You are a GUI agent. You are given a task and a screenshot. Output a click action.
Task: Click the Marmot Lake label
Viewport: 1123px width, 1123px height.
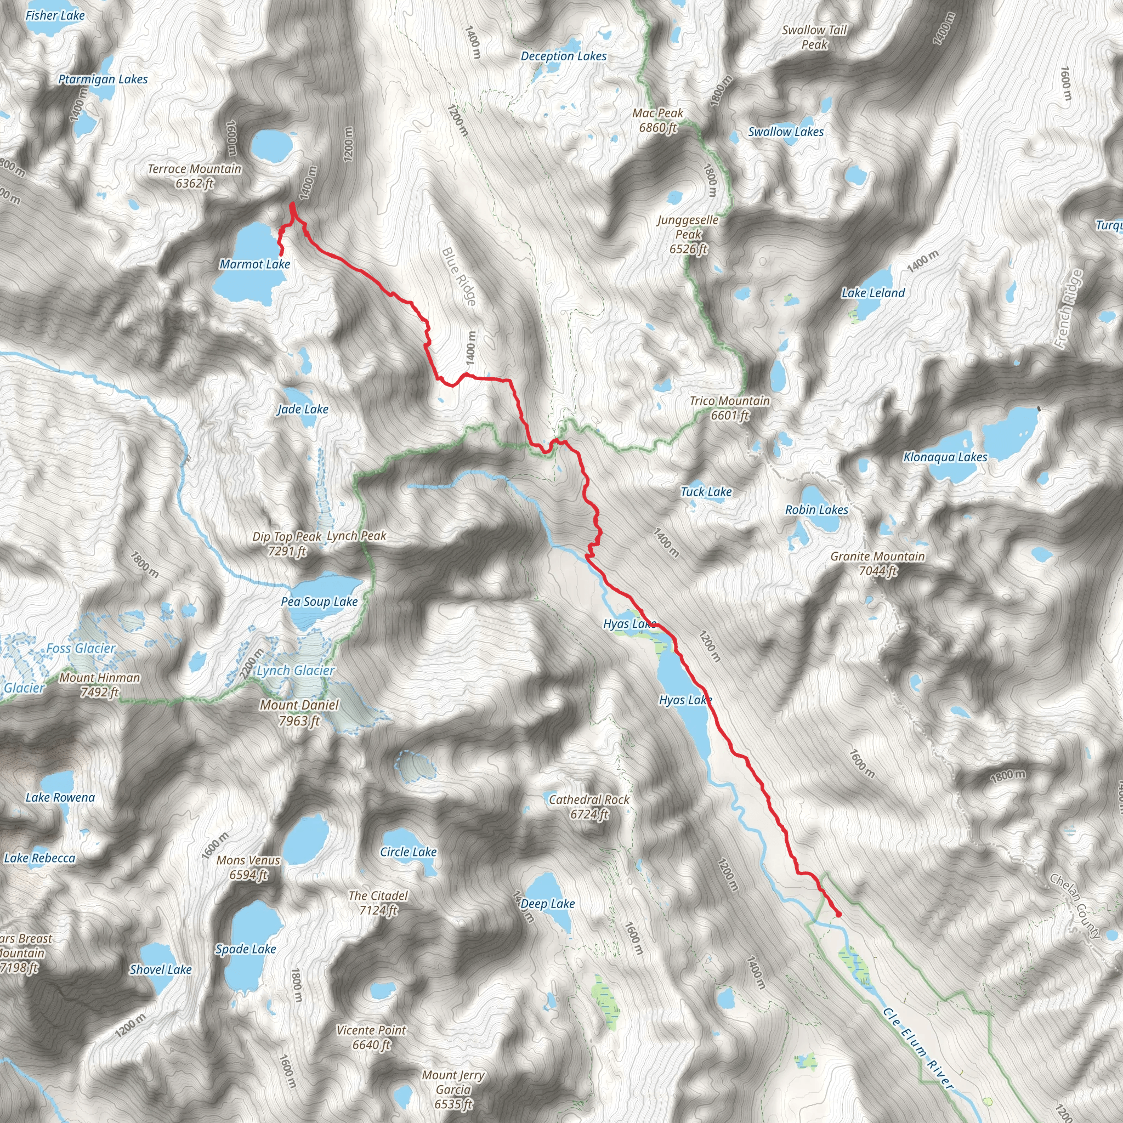(254, 264)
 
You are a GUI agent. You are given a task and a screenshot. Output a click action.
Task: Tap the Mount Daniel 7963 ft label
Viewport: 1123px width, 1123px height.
(299, 713)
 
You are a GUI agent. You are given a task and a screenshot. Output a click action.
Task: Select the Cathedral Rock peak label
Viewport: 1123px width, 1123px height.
(589, 807)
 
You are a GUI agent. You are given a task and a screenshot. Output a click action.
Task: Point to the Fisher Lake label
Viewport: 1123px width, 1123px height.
(55, 16)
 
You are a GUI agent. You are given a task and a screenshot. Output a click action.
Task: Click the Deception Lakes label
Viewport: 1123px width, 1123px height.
(563, 56)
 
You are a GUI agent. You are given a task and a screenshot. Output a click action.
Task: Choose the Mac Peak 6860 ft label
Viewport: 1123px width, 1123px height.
(658, 120)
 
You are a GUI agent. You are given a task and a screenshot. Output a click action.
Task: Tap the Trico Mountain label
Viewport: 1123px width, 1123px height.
(729, 408)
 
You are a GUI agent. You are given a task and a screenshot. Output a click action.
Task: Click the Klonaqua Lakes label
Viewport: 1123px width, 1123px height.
(945, 457)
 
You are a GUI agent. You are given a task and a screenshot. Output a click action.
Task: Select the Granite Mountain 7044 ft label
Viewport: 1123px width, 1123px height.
(878, 564)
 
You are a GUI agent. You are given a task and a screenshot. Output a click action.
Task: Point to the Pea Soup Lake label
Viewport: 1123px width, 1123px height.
(319, 602)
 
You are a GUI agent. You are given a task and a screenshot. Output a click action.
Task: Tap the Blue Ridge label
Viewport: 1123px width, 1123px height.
(460, 277)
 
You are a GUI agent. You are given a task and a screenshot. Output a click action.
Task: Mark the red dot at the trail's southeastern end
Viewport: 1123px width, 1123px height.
(838, 914)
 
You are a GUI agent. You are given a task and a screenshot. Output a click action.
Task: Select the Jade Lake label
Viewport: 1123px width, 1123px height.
(303, 410)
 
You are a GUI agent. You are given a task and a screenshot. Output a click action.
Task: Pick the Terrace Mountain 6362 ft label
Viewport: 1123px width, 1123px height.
(194, 176)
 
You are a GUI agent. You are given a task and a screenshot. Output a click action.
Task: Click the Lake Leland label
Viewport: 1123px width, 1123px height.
(873, 293)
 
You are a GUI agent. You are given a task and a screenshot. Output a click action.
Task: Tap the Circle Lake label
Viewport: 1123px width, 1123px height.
(408, 852)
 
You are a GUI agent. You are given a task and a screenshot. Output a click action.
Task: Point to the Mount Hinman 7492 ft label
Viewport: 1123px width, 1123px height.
(100, 685)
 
